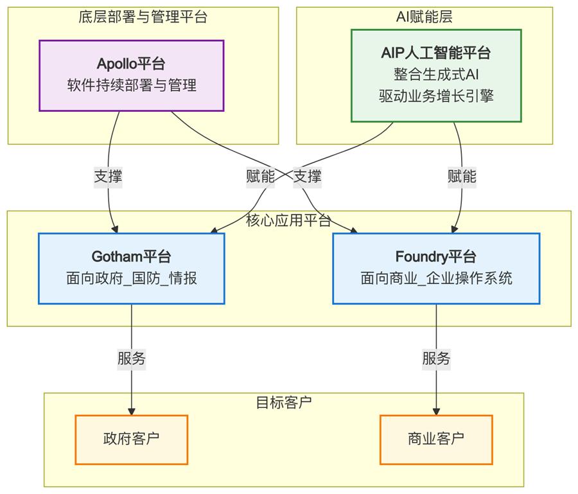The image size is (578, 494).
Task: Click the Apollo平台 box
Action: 132,75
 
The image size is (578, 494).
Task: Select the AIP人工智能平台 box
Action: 436,75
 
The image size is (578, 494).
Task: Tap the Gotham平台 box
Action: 132,268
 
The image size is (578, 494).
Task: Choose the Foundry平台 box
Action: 436,268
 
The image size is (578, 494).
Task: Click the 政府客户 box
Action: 132,439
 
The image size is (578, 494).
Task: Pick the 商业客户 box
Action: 436,439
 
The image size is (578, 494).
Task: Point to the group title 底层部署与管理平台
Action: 143,17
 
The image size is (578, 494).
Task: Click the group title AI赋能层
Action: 425,17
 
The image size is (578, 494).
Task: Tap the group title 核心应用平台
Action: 288,221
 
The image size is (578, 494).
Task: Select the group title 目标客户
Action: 284,403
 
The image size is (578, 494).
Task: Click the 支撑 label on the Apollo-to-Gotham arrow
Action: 108,177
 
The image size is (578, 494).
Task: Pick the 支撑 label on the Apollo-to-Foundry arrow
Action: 307,177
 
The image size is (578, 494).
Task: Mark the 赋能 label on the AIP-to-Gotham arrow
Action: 260,177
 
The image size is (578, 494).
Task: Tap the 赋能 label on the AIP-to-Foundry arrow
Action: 462,177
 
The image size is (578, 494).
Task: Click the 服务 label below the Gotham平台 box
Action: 132,359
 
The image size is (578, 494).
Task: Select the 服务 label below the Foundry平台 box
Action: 436,359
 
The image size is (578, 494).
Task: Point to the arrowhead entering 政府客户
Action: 132,411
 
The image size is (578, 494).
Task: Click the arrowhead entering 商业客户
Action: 437,411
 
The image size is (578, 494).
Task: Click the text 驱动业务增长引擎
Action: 436,96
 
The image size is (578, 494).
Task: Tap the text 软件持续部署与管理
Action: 132,85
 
